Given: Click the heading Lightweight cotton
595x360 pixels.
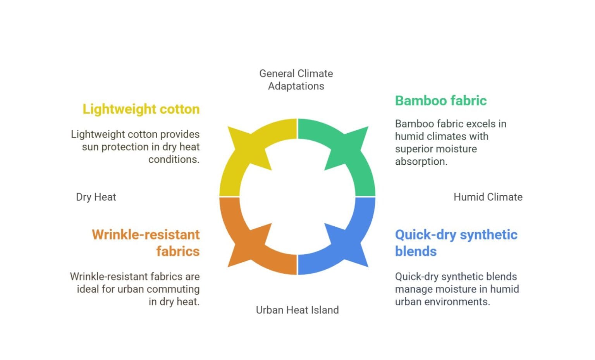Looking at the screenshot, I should tap(141, 109).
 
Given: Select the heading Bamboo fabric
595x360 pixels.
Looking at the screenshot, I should tap(440, 101).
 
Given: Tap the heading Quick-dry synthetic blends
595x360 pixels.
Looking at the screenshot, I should tap(456, 243).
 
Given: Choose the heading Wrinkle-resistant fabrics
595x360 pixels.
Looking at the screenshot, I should tap(146, 243).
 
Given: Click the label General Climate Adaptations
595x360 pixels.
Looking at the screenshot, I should tap(296, 79).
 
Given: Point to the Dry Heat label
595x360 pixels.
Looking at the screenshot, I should tap(96, 197).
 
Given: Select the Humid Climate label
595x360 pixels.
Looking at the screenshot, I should tap(488, 197).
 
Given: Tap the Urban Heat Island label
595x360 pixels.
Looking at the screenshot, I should tap(297, 310).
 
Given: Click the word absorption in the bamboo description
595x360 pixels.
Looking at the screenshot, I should tap(421, 162).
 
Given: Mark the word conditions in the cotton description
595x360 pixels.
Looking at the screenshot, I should tap(174, 159).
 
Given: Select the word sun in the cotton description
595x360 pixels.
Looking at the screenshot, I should tap(90, 147).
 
